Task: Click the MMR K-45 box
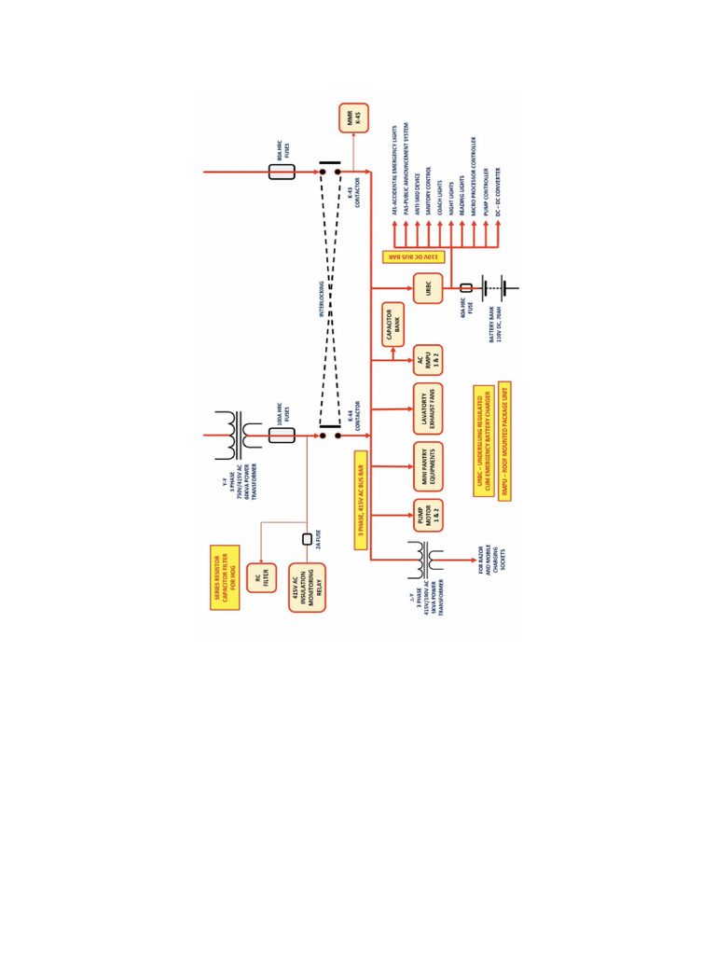[353, 118]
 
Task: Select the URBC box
[428, 287]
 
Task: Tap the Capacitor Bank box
[392, 324]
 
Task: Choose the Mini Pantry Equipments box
[428, 465]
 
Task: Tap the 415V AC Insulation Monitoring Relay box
[307, 588]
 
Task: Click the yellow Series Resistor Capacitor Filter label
[225, 577]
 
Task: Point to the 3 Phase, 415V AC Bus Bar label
[361, 501]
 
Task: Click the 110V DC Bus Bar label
[413, 256]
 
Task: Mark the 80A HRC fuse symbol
[282, 172]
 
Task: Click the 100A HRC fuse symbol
[282, 435]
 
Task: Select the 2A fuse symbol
[307, 539]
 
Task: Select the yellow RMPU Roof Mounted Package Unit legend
[504, 440]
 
